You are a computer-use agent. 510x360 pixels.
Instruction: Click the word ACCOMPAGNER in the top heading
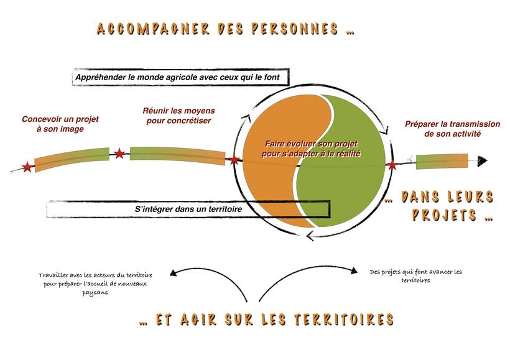coord(153,29)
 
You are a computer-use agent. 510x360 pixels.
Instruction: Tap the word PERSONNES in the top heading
coord(295,29)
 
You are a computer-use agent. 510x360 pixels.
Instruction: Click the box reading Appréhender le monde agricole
coord(180,77)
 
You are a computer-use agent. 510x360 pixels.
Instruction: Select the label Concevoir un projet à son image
coord(60,124)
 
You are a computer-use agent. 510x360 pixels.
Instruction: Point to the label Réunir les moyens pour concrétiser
coord(179,116)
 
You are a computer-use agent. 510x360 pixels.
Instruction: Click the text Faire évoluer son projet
coord(311,144)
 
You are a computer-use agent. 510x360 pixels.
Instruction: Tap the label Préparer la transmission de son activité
coord(452,129)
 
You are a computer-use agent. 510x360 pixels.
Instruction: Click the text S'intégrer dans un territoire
coord(188,209)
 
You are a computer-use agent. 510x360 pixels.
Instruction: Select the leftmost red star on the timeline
coord(27,167)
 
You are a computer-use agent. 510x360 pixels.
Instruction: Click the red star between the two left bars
coord(119,153)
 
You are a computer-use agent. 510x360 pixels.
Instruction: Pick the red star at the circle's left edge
coord(234,159)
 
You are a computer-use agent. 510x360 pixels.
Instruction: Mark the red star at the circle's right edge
coord(392,165)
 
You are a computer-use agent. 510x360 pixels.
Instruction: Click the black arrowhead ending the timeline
coord(483,160)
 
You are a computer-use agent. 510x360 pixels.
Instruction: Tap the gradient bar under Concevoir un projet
coord(72,159)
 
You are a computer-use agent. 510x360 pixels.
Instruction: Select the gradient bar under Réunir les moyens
coord(178,156)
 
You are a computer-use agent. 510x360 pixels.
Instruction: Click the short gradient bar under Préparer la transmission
coord(442,161)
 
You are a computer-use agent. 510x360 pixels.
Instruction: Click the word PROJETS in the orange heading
coord(444,215)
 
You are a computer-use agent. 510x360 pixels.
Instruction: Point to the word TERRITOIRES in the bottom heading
coord(345,320)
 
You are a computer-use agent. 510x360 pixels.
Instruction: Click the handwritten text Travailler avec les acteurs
coord(95,284)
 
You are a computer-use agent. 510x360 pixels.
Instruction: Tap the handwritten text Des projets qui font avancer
coord(415,276)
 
